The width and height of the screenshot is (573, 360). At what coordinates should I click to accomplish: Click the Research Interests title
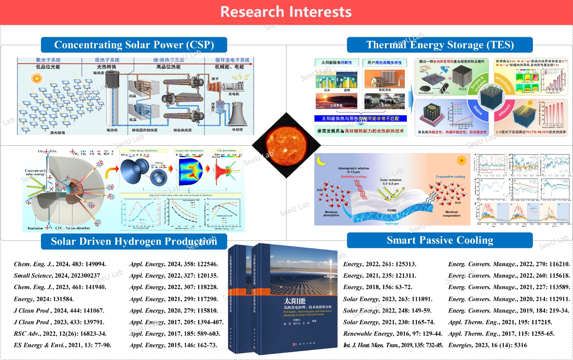point(286,12)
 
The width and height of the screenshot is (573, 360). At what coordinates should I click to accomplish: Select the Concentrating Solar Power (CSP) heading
point(134,45)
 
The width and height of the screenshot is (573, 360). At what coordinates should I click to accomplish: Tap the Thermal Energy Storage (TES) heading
point(440,45)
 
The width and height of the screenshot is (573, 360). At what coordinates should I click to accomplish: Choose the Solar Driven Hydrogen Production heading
point(134,242)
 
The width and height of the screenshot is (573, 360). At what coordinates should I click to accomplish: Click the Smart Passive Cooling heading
point(440,240)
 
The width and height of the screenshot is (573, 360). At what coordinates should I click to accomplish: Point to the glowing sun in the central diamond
point(286,145)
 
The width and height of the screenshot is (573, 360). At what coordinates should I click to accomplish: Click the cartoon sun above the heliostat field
point(37,78)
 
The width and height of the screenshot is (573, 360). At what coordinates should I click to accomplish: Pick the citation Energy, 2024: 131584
point(44,299)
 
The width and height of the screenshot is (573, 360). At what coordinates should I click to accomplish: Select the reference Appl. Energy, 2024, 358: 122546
point(174,264)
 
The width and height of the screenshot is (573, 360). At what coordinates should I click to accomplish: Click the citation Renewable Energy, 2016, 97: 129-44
point(393,334)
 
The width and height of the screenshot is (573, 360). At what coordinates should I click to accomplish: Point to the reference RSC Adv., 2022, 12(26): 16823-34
point(60,334)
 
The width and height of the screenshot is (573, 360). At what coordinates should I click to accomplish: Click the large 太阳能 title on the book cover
point(294,301)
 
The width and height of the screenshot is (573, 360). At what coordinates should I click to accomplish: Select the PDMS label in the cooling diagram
point(392,210)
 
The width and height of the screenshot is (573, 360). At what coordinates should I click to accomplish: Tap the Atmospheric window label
point(353,168)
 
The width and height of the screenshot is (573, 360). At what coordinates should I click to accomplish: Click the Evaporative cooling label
point(450,177)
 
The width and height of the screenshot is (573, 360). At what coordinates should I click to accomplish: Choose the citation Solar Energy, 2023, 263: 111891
point(388,299)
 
